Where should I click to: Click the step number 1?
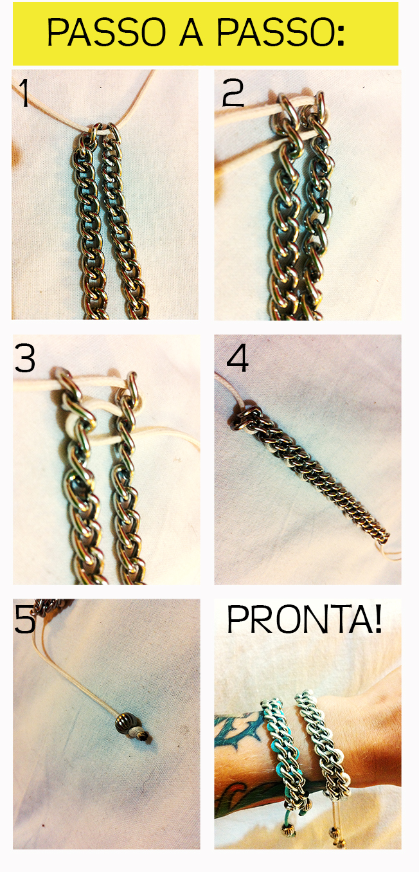point(24,93)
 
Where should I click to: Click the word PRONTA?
point(304,619)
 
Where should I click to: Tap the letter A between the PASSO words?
point(191,32)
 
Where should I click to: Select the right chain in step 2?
point(316,206)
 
